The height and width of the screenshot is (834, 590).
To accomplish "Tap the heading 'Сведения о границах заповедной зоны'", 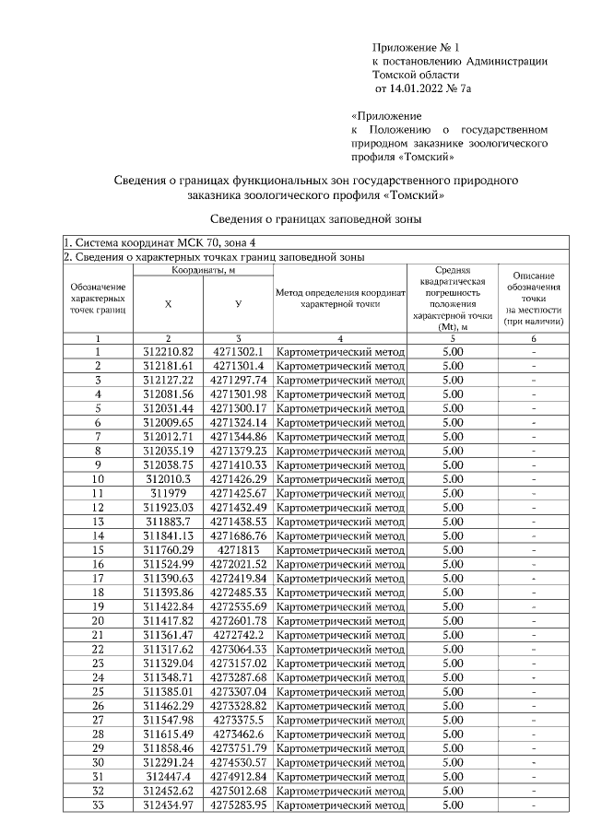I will click(316, 219).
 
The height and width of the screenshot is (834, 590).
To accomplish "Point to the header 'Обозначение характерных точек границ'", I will click(98, 299).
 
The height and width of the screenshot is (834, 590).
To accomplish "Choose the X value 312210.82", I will click(169, 351).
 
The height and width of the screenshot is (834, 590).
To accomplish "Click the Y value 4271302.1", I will click(238, 351).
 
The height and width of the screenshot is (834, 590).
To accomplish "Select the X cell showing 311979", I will click(169, 493).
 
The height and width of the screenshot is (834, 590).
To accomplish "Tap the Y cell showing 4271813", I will click(238, 549).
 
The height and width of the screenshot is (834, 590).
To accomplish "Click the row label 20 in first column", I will click(98, 620).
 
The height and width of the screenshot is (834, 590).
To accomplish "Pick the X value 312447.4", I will click(169, 776).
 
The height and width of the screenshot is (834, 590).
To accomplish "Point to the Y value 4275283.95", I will click(238, 805).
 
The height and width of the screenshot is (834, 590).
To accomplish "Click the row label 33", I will click(98, 805).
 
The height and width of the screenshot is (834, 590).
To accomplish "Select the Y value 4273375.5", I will click(238, 720).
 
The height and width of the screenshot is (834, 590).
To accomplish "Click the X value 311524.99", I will click(169, 564).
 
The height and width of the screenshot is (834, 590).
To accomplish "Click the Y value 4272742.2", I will click(238, 635).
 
